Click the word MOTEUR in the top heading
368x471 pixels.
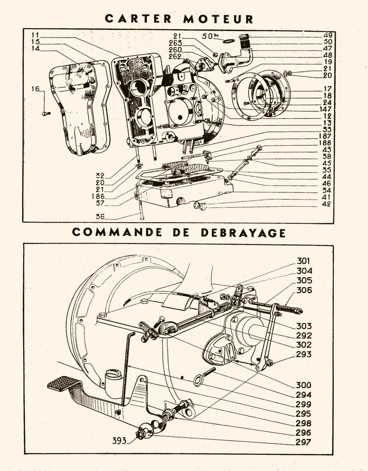(x=218, y=19)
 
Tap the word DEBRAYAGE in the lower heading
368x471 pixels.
(x=243, y=233)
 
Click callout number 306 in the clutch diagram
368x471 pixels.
(x=304, y=290)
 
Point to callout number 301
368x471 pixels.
(x=303, y=261)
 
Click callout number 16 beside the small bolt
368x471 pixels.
(x=36, y=89)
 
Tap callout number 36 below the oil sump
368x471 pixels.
(x=100, y=216)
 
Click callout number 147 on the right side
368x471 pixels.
(x=325, y=109)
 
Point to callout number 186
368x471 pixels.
(x=98, y=196)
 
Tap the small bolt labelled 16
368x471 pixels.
(x=46, y=114)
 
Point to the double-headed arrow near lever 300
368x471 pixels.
(x=244, y=362)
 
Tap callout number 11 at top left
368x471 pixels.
(x=35, y=35)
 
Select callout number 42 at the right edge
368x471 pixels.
(x=327, y=204)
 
